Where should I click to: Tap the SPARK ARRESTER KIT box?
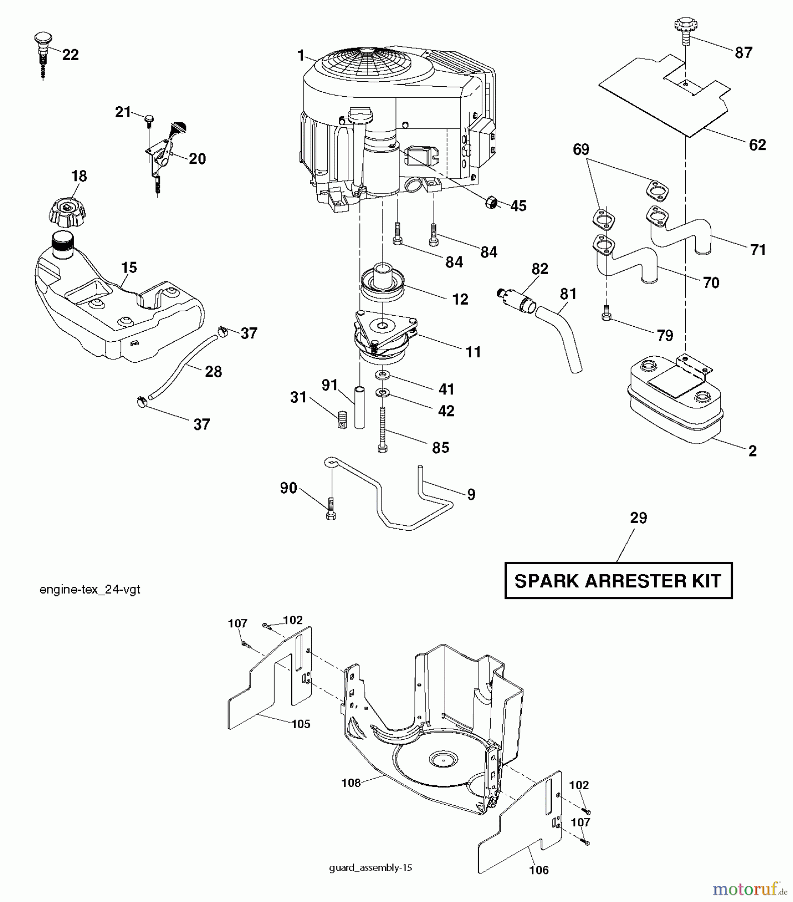pos(618,581)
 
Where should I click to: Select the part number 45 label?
pos(518,206)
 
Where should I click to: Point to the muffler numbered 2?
pos(674,401)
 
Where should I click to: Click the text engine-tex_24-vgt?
pos(90,590)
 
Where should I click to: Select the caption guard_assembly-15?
pos(370,868)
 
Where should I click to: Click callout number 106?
pos(539,870)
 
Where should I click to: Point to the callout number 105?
pos(300,724)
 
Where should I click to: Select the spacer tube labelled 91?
pos(359,406)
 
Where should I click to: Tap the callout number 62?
pos(757,145)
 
